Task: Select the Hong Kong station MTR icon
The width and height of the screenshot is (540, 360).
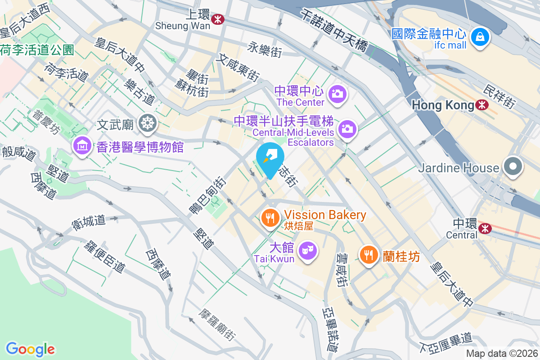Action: click(482, 105)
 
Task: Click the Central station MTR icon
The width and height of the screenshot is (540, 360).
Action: click(485, 228)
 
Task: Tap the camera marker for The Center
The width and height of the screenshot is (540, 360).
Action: click(337, 94)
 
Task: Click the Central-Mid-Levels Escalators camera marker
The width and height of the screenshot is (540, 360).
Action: click(347, 129)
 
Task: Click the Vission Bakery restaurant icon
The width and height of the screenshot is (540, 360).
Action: click(270, 219)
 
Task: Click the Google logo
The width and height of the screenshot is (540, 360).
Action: click(30, 349)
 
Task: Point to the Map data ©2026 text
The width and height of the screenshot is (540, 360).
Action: click(502, 354)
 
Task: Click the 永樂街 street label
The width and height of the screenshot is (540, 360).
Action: click(264, 49)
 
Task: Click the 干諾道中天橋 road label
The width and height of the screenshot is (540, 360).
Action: click(336, 32)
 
